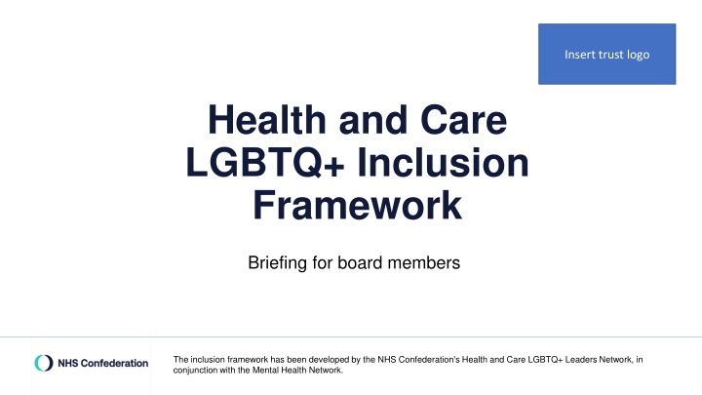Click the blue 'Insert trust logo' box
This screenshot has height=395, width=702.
[606, 54]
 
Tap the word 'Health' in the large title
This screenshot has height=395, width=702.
[267, 120]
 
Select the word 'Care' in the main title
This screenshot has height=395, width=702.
[463, 120]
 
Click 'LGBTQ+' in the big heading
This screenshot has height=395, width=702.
[265, 162]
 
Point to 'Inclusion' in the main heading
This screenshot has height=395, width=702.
[443, 162]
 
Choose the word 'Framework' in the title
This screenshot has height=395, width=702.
[357, 205]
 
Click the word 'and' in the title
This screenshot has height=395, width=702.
[372, 120]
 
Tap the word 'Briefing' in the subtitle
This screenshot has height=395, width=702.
[278, 263]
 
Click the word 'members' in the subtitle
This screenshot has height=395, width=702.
[423, 262]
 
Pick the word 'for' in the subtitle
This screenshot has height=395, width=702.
[323, 262]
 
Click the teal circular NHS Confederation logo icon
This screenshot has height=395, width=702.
[44, 363]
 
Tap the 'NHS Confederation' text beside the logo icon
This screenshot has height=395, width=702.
[103, 363]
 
